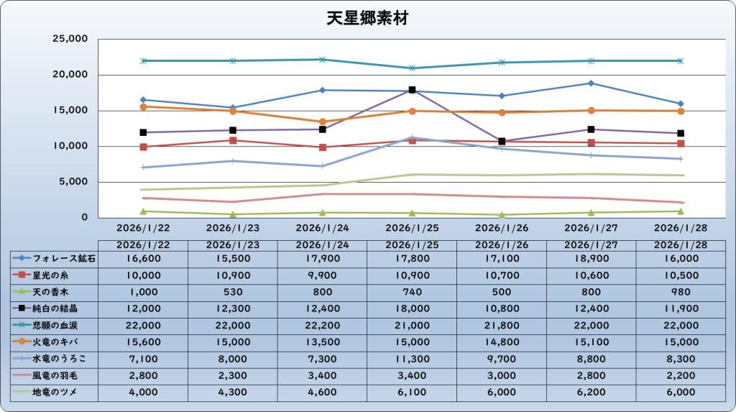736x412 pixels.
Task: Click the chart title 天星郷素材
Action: (367, 18)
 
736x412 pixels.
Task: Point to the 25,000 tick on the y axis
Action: (70, 39)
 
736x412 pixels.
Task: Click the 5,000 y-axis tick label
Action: (73, 182)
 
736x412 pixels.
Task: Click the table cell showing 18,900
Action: (591, 257)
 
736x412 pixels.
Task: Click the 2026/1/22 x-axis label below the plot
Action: (143, 229)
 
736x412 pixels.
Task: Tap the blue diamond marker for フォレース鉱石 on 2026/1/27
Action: (591, 83)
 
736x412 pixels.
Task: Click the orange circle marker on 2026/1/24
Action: (322, 122)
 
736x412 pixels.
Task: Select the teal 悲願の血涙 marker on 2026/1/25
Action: (412, 68)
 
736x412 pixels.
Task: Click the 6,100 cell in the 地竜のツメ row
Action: (412, 392)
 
